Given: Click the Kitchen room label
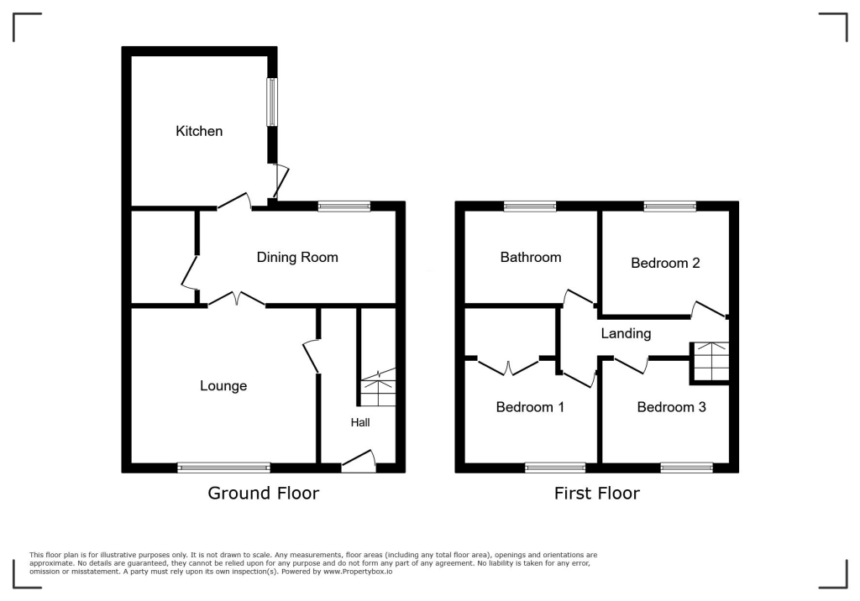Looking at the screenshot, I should pyautogui.click(x=199, y=131).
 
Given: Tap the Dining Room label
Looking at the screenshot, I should pyautogui.click(x=297, y=257).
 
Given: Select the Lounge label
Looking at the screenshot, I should pyautogui.click(x=223, y=386).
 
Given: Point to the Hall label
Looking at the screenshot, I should pyautogui.click(x=360, y=422).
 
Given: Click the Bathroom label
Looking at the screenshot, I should pyautogui.click(x=530, y=257).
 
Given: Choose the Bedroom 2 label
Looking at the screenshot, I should pyautogui.click(x=665, y=263).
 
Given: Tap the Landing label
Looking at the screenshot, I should pyautogui.click(x=626, y=333).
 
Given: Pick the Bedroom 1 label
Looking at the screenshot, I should pyautogui.click(x=529, y=407).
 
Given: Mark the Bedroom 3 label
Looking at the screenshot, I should pyautogui.click(x=671, y=407).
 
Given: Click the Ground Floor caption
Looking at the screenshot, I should pyautogui.click(x=263, y=494).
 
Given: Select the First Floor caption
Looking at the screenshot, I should pyautogui.click(x=596, y=494).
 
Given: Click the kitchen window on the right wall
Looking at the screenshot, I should pyautogui.click(x=272, y=102).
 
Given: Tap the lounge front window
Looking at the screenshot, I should pyautogui.click(x=223, y=468).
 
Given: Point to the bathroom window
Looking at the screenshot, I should pyautogui.click(x=530, y=206).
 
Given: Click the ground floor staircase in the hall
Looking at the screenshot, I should pyautogui.click(x=377, y=388).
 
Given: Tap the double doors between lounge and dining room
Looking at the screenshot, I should pyautogui.click(x=237, y=300).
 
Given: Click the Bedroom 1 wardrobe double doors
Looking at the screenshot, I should pyautogui.click(x=509, y=366).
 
